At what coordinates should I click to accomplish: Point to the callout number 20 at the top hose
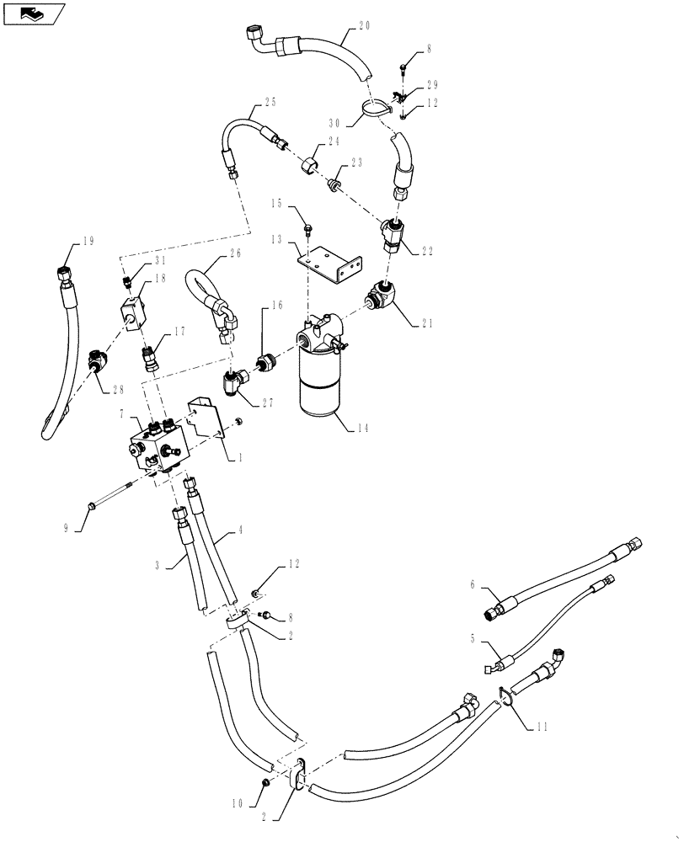pyautogui.click(x=363, y=26)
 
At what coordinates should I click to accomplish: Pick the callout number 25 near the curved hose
pyautogui.click(x=270, y=102)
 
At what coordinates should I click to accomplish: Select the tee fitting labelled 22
pyautogui.click(x=394, y=233)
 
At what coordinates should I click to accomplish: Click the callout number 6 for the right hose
pyautogui.click(x=472, y=584)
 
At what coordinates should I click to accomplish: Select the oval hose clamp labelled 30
pyautogui.click(x=372, y=107)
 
